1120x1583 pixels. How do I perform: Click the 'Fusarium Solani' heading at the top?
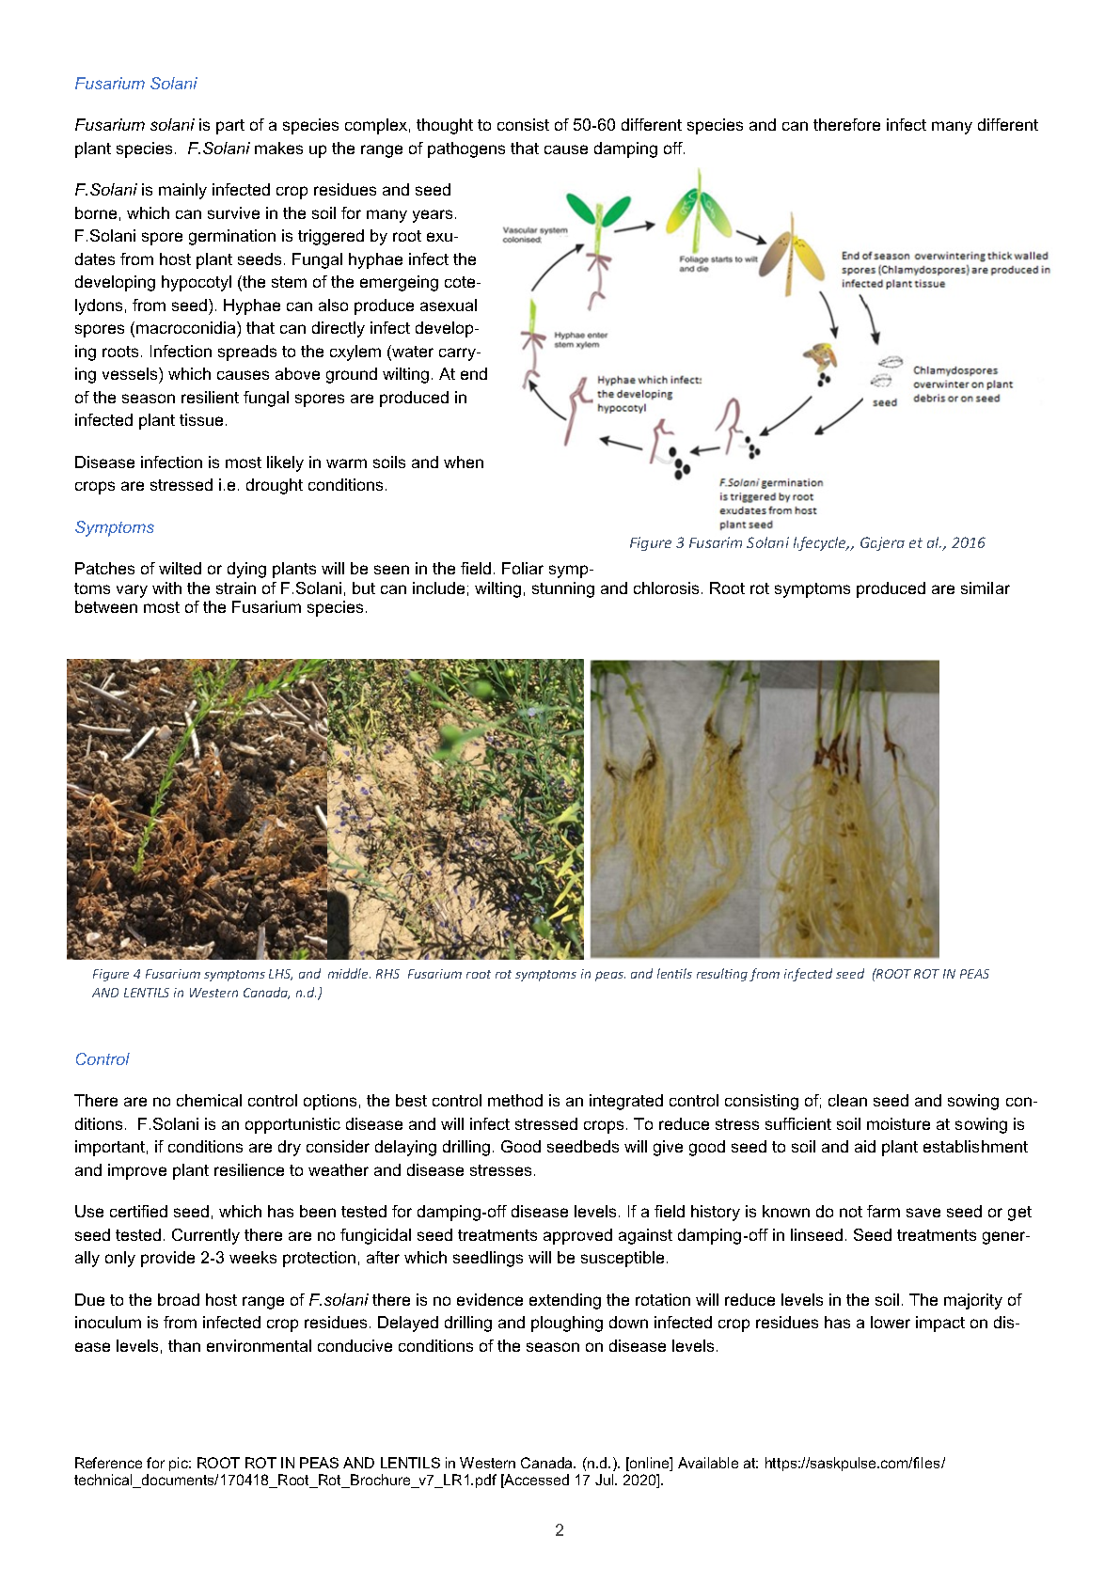pyautogui.click(x=135, y=84)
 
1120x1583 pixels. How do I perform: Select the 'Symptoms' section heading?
pyautogui.click(x=114, y=527)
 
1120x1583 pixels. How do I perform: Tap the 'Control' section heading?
pyautogui.click(x=102, y=1059)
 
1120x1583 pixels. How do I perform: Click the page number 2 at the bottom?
pyautogui.click(x=560, y=1530)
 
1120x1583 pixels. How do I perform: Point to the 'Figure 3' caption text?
pyautogui.click(x=806, y=542)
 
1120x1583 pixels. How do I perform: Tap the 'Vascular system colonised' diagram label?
pyautogui.click(x=534, y=234)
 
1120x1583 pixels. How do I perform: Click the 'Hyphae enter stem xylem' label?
pyautogui.click(x=580, y=339)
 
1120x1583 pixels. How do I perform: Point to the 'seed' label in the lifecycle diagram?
pyautogui.click(x=884, y=402)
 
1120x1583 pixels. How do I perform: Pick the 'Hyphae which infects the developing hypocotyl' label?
pyautogui.click(x=648, y=394)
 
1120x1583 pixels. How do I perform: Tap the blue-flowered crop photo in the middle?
pyautogui.click(x=455, y=808)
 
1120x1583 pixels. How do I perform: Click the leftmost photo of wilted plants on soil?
pyautogui.click(x=197, y=808)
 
